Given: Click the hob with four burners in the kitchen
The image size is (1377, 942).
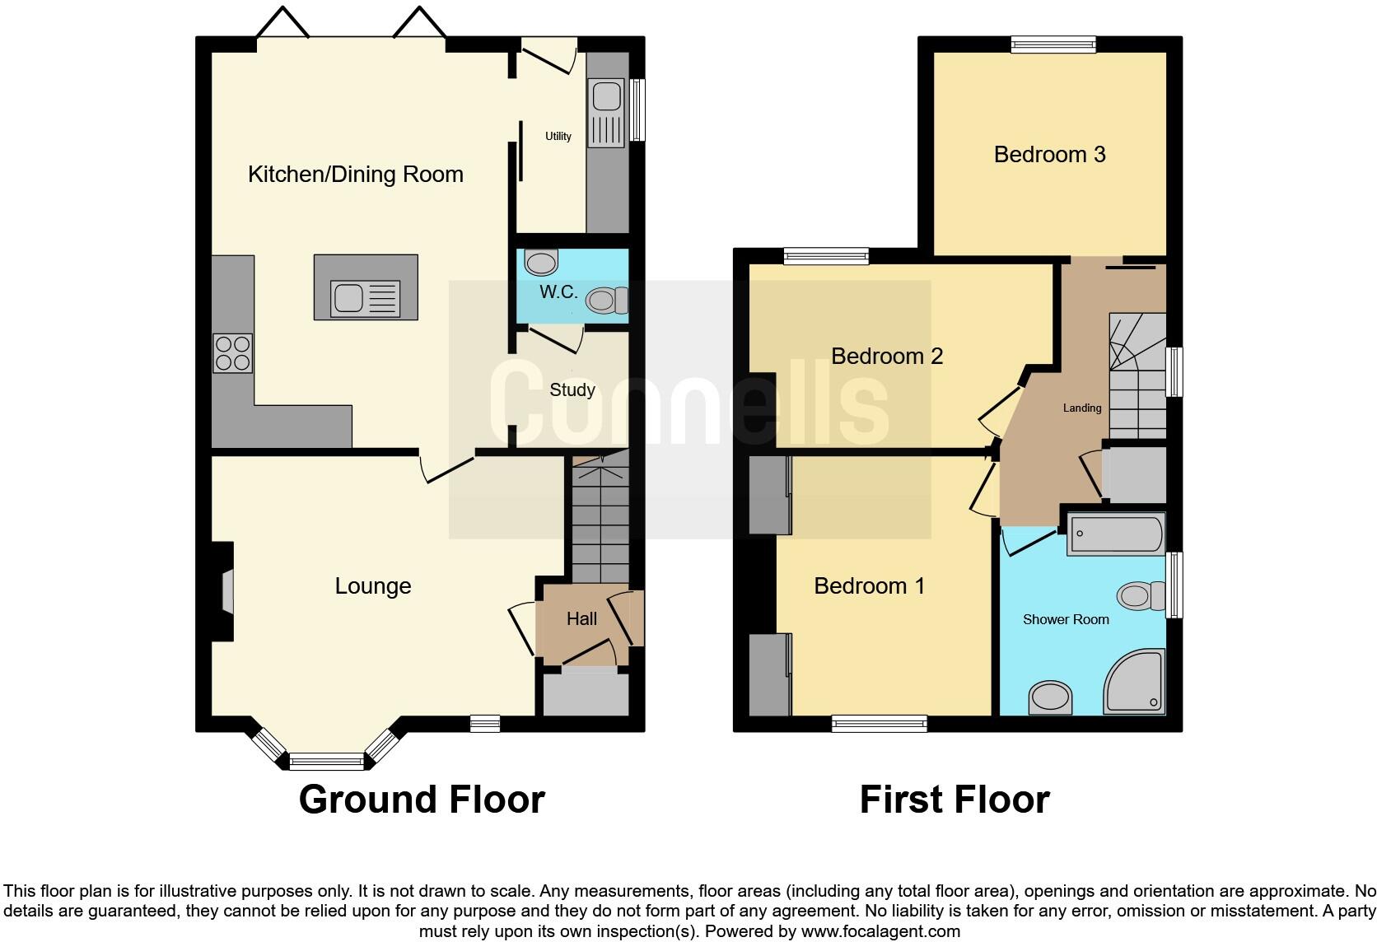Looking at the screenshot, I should (x=232, y=353).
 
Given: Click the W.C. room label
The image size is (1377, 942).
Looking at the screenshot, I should (x=558, y=291).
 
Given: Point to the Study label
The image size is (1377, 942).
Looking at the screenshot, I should (x=572, y=389).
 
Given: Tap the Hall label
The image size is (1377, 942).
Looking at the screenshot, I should (x=581, y=618).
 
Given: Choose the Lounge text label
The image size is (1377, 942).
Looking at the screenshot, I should (x=372, y=585).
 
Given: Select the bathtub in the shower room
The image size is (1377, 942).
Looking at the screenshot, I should (x=1116, y=534).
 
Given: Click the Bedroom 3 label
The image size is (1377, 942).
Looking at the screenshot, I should (x=1049, y=154).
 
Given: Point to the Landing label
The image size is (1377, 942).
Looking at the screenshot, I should (x=1081, y=408).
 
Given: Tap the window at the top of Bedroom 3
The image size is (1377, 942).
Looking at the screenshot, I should (x=1053, y=44).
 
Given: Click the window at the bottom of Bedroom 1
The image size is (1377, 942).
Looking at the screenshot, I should (x=880, y=724).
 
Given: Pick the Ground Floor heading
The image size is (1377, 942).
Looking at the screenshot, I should (x=422, y=799).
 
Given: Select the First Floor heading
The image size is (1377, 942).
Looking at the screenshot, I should (x=955, y=799).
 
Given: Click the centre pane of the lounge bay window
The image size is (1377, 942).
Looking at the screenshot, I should (x=327, y=761).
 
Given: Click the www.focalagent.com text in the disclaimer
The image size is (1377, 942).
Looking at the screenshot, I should (x=880, y=931).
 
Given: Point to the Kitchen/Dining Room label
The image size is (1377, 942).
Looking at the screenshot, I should (x=356, y=174).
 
